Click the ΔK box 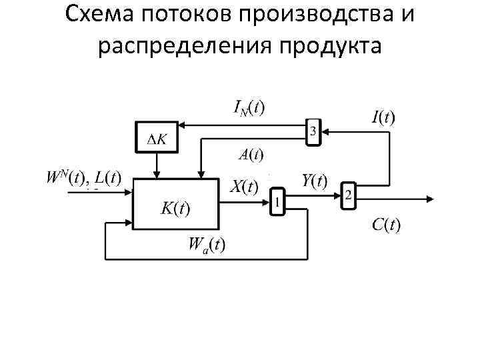coord(157,138)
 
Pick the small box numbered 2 coord(348,195)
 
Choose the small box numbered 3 coord(313,132)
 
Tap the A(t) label coord(251,156)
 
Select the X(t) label coord(244,187)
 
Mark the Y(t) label coord(314,181)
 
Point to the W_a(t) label coord(207,244)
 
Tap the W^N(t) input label coord(66,178)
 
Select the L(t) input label coord(107,178)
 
